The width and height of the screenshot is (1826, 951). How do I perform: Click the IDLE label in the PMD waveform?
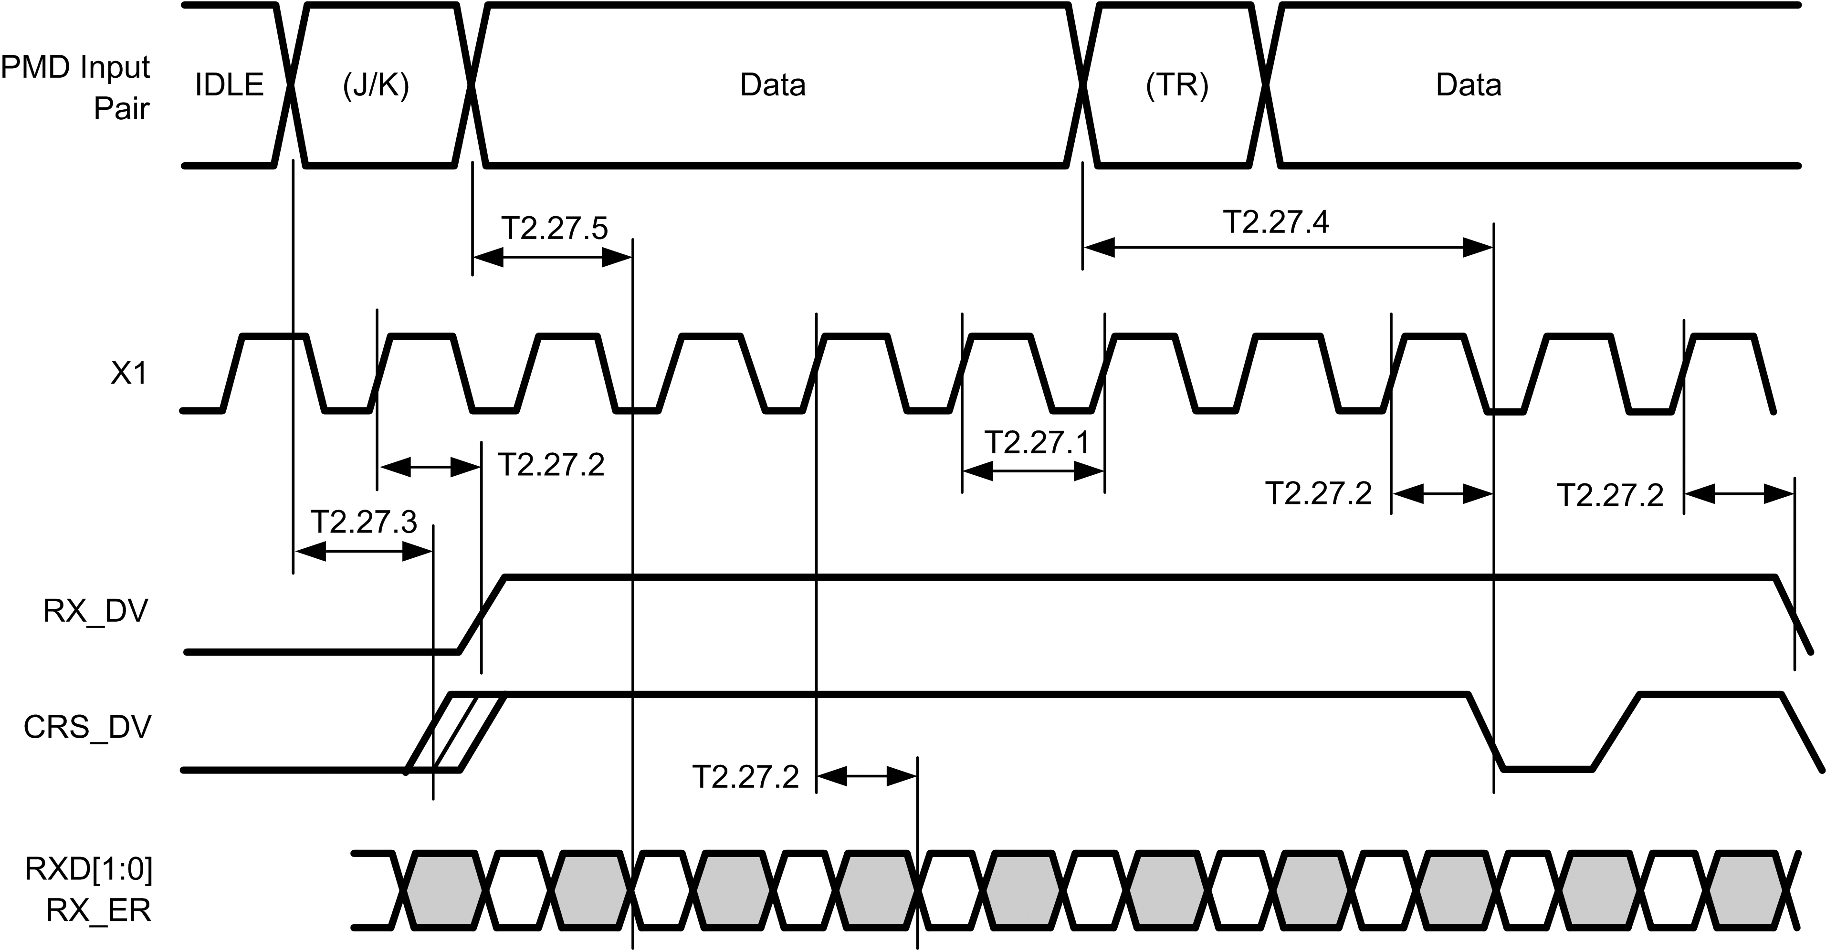(229, 85)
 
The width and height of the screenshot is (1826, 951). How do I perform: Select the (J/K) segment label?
(376, 85)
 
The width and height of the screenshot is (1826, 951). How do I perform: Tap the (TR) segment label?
(1177, 85)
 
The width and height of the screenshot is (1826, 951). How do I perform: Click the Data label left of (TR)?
(773, 85)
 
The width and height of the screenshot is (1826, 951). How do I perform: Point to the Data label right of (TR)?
(1468, 85)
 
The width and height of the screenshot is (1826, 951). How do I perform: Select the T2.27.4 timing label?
(1276, 222)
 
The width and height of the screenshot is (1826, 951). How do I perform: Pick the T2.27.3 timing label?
(364, 523)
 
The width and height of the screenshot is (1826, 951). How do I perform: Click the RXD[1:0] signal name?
(89, 869)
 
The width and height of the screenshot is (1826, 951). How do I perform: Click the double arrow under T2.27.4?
(1288, 247)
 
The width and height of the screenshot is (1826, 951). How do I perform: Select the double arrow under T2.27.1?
(1033, 470)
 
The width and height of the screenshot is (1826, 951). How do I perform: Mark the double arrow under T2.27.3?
(363, 551)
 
